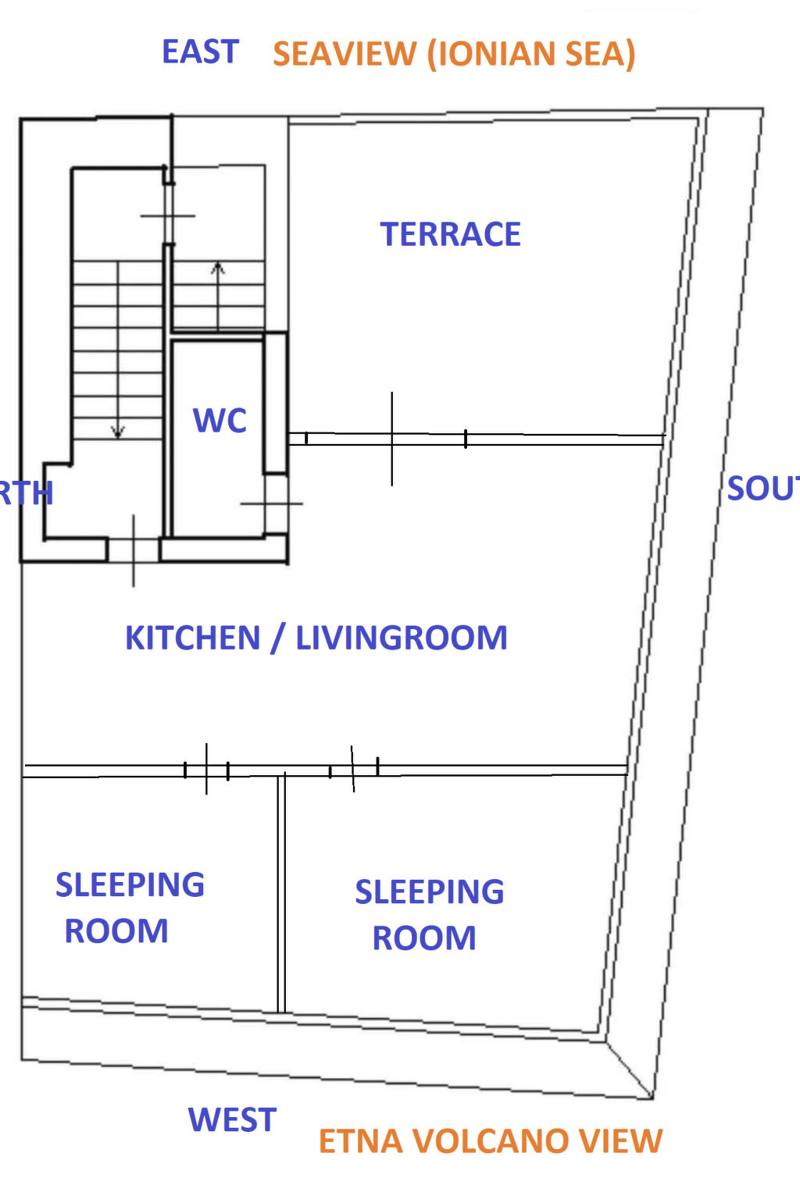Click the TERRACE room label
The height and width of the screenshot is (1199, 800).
coord(450,234)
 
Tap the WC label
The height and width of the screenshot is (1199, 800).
coord(220,421)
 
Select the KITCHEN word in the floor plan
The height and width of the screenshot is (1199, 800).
coord(192,638)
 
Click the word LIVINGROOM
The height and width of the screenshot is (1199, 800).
coord(401,638)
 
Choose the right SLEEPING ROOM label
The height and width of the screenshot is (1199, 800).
coord(428,914)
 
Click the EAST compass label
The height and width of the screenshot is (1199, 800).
coord(200,52)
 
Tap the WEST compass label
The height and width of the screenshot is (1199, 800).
coord(232,1120)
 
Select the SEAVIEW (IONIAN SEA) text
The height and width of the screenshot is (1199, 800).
coord(454,54)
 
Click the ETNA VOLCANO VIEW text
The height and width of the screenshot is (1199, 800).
coord(490,1141)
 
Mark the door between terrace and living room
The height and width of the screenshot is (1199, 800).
coord(391,439)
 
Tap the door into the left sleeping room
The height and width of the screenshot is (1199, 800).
coord(206,770)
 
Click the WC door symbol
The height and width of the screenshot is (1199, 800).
coord(271,503)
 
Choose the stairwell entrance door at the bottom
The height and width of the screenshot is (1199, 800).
coord(133,550)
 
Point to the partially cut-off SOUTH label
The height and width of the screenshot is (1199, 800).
coord(762,489)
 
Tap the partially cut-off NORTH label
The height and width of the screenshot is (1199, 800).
coord(26,493)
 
